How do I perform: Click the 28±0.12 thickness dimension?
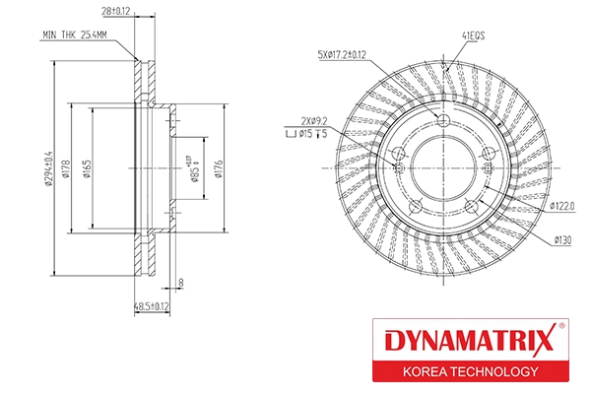click(116, 12)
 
